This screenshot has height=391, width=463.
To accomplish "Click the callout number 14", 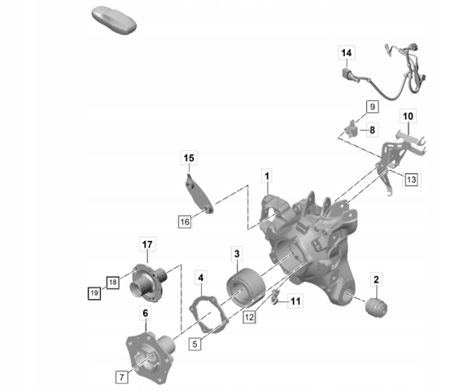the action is [x=347, y=53].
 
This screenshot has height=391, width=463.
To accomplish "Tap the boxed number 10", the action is [x=408, y=116].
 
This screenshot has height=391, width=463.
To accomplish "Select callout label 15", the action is [x=189, y=158].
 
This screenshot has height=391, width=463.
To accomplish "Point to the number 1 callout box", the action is [x=267, y=177].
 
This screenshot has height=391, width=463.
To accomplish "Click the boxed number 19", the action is [x=94, y=293].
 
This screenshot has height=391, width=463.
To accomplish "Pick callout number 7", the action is [x=122, y=377].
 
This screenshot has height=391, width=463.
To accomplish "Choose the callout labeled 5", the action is [x=195, y=344].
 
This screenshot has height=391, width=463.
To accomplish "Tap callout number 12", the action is [x=249, y=317].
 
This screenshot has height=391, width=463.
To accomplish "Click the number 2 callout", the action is [x=376, y=279].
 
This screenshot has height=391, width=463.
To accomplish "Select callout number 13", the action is [x=412, y=179].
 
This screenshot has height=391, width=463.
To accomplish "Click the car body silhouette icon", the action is [x=114, y=20].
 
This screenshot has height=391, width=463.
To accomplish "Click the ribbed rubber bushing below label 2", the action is [x=377, y=308].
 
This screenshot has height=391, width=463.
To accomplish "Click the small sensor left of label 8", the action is [x=351, y=130].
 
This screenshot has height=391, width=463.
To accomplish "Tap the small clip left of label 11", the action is [x=275, y=297].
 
